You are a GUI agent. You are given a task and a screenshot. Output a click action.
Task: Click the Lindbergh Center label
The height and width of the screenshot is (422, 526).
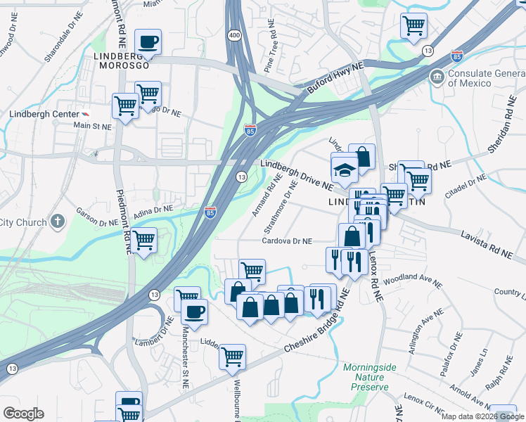click(x=43, y=114)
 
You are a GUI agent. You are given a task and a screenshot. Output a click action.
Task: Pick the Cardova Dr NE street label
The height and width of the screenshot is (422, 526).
click(x=287, y=241)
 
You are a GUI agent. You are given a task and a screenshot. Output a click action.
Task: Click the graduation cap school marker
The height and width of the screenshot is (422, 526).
click(x=345, y=169)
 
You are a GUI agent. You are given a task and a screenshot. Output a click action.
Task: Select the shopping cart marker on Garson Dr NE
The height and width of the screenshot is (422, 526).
click(x=144, y=241)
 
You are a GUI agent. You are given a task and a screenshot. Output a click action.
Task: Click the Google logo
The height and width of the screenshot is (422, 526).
click(x=23, y=414)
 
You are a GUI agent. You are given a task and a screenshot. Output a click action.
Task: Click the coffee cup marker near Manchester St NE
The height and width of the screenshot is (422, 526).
click(x=194, y=312)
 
